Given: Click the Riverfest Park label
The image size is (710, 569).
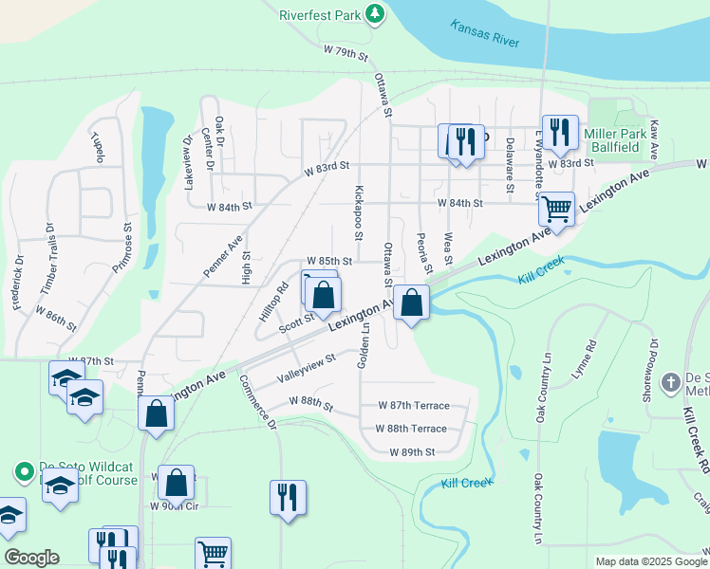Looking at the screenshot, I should point(320,14).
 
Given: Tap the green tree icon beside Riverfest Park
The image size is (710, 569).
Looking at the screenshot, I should point(376,13).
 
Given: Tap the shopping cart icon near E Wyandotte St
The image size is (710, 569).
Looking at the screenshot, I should point(556,206).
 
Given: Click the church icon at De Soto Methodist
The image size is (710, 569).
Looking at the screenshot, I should point(670,381).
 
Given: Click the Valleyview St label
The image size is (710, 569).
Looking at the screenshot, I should point(306,365).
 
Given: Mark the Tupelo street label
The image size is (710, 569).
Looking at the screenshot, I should point(98,147).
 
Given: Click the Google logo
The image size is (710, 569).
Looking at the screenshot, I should point(31,558).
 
